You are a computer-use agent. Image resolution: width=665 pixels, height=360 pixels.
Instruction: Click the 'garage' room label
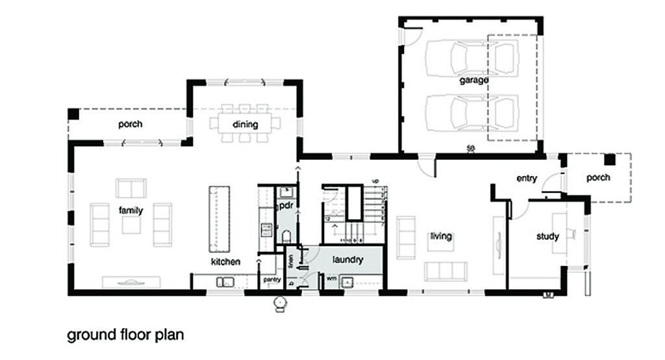pyautogui.click(x=474, y=80)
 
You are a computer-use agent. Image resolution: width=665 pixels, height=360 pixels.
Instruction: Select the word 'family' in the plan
pyautogui.click(x=130, y=211)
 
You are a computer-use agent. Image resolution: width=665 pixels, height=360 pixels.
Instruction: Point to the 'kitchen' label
pyautogui.click(x=225, y=262)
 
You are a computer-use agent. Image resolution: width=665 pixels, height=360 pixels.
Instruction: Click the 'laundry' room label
pyautogui.click(x=347, y=259)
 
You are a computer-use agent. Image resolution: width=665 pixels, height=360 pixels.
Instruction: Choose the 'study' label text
pyautogui.click(x=547, y=237)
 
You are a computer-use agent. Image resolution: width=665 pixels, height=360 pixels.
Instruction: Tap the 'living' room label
pyautogui.click(x=440, y=236)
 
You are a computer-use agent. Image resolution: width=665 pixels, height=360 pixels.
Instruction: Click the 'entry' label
pyautogui.click(x=527, y=178)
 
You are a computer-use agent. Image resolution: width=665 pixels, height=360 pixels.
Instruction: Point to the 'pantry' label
pyautogui.click(x=270, y=279)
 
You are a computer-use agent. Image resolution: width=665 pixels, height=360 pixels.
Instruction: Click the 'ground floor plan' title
pyautogui.click(x=126, y=335)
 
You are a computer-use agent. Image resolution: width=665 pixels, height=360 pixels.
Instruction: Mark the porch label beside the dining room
pyautogui.click(x=130, y=123)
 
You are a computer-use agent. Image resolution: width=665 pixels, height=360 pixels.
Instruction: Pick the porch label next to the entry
pyautogui.click(x=597, y=177)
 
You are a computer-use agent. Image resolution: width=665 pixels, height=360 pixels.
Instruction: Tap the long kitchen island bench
pyautogui.click(x=219, y=219)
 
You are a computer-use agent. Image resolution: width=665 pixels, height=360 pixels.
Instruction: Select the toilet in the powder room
pyautogui.click(x=286, y=237)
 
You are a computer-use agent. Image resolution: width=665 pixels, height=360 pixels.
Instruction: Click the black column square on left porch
pyautogui.click(x=73, y=114)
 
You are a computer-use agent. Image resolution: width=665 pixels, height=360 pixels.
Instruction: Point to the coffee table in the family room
pyautogui.click(x=131, y=225)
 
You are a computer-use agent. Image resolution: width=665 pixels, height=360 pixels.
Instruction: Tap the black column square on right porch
pyautogui.click(x=609, y=160)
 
